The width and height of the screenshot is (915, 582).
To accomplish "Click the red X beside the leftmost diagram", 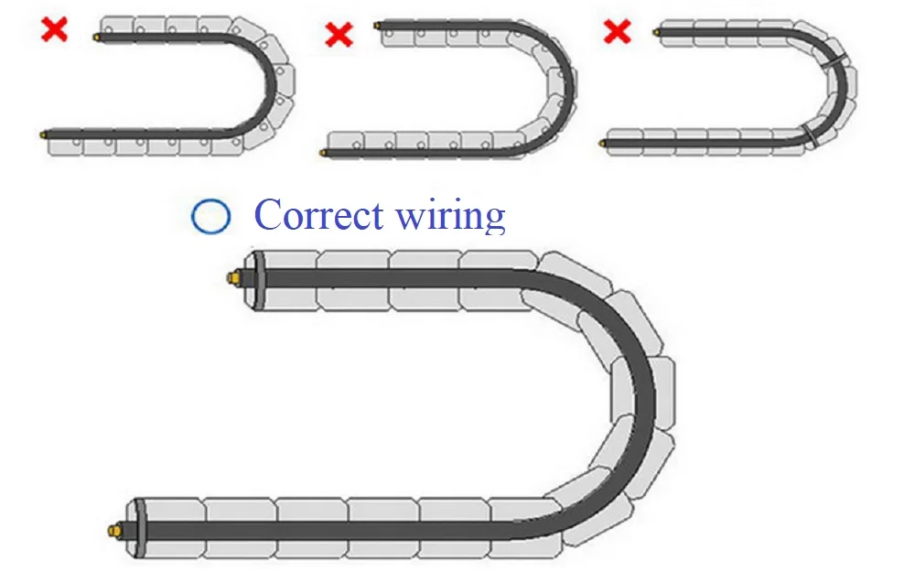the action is (x=55, y=29).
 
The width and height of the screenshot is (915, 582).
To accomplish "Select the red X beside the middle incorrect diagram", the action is (x=339, y=36).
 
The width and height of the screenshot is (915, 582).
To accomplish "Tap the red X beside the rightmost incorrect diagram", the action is (x=618, y=33).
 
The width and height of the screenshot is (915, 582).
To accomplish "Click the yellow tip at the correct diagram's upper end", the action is (x=233, y=276).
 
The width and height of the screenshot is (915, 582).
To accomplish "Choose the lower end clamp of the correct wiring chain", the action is (x=139, y=529).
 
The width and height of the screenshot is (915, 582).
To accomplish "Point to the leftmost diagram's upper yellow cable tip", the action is (x=96, y=37).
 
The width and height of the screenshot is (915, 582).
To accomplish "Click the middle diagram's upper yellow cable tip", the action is (x=377, y=25).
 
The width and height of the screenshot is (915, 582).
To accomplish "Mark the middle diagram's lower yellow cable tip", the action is (x=326, y=153).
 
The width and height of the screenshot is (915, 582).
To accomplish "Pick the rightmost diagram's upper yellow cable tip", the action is (x=657, y=31).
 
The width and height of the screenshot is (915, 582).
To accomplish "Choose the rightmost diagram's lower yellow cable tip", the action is (x=604, y=142).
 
